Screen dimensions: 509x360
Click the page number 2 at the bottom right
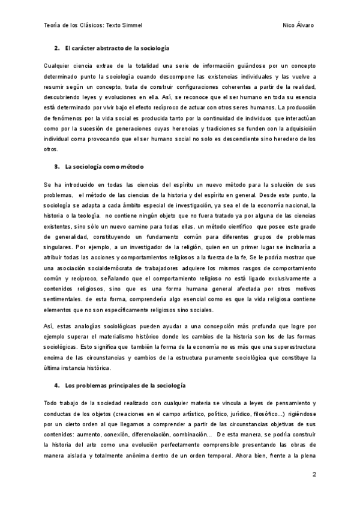(314, 474)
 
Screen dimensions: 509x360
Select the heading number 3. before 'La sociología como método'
(56, 166)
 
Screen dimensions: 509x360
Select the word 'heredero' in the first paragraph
(287, 139)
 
